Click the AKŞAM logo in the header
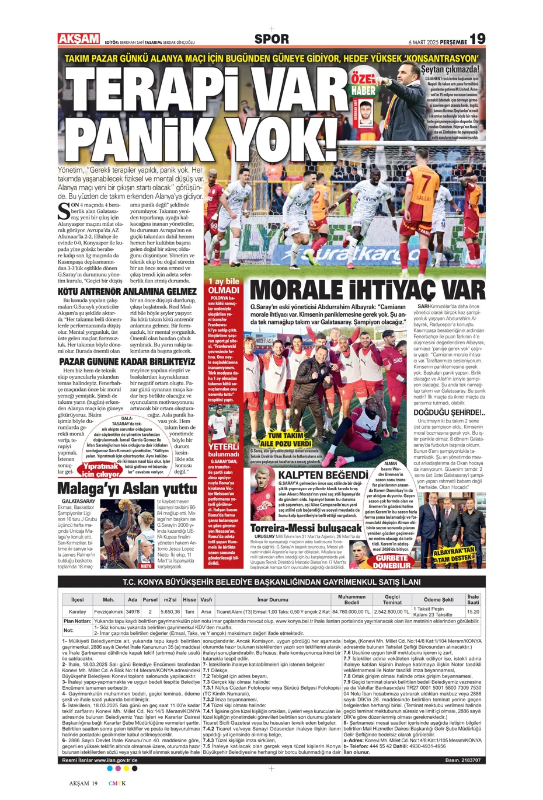pos(79,39)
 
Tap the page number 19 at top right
pos(477,39)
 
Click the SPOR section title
pos(271,39)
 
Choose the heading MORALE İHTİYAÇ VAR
pos(367,290)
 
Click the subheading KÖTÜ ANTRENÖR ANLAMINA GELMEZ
pos(127,292)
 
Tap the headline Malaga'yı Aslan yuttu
pos(127,488)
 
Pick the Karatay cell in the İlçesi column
pos(78,612)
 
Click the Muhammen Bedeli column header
pos(351,599)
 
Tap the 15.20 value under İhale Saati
pos(473,612)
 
